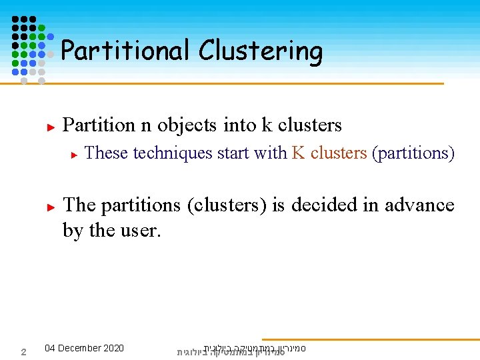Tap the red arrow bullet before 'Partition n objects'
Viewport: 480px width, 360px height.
(x=49, y=125)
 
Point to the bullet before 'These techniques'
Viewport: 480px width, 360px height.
(x=75, y=154)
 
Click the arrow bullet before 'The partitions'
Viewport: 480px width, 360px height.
(x=49, y=207)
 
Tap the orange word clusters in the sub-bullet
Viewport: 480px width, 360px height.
(x=339, y=153)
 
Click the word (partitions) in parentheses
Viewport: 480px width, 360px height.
(x=413, y=153)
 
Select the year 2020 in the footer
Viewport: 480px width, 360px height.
(x=113, y=348)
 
